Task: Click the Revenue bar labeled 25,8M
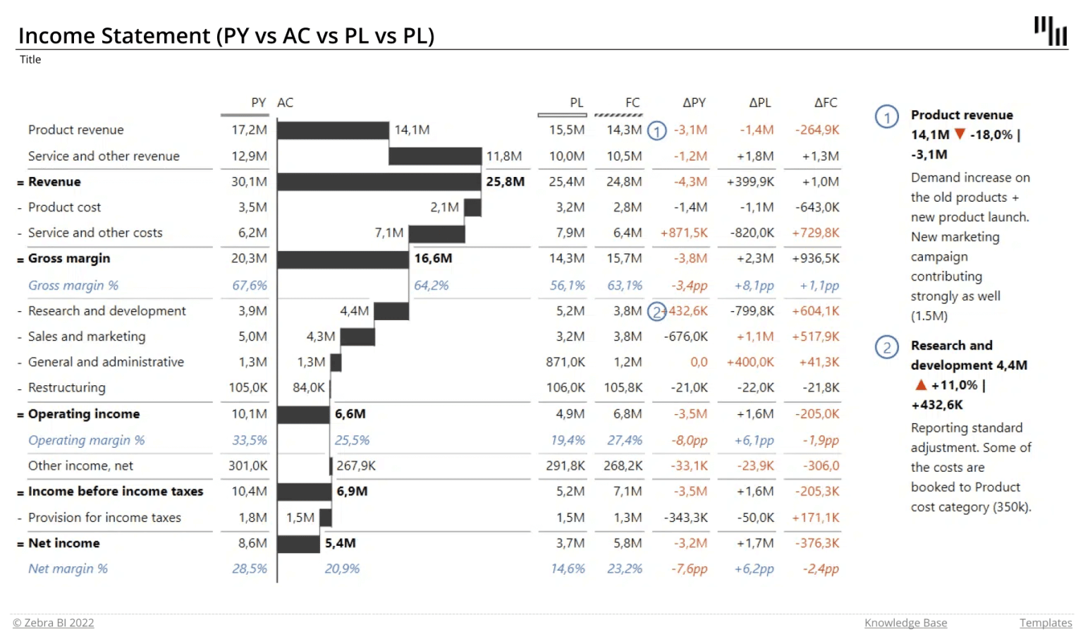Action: point(379,182)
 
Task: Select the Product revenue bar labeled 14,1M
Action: point(333,130)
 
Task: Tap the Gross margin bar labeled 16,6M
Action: point(343,259)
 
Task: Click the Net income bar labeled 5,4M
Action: point(298,544)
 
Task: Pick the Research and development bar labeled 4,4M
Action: point(391,311)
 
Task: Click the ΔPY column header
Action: point(694,103)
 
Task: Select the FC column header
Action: point(632,103)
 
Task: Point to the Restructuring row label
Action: point(67,388)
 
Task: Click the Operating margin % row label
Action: point(86,440)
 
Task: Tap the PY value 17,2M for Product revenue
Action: point(250,130)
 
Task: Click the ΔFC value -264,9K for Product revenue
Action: point(817,130)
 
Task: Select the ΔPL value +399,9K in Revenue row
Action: point(750,182)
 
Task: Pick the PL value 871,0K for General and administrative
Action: point(565,363)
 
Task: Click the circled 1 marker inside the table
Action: point(656,131)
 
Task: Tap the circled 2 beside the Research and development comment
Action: point(886,347)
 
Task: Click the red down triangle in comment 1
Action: point(960,134)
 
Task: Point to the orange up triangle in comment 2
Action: point(920,385)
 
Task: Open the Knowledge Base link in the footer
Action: point(905,623)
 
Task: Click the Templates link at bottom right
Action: point(1045,623)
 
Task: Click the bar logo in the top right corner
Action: point(1051,31)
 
